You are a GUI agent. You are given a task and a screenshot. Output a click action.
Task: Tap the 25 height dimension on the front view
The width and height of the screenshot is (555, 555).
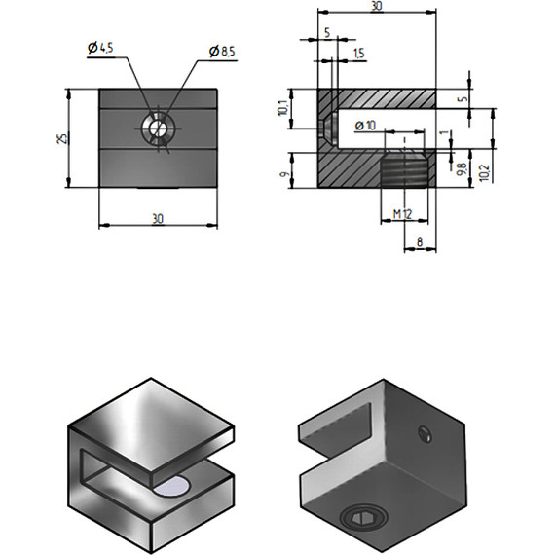point(61,138)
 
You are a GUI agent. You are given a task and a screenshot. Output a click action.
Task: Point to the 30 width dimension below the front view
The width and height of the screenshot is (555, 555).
point(158,218)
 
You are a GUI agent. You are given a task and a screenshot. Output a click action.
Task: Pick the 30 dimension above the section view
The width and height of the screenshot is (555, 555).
point(376,7)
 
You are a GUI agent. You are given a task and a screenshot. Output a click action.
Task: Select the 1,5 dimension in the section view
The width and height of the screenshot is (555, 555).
point(359,54)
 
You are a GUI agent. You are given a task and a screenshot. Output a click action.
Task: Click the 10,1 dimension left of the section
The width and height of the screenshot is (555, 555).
point(282,109)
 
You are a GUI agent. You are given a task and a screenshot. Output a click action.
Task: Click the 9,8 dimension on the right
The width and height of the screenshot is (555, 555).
point(462,168)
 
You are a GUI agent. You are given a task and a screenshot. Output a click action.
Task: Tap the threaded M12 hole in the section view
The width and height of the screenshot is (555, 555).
point(404,171)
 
